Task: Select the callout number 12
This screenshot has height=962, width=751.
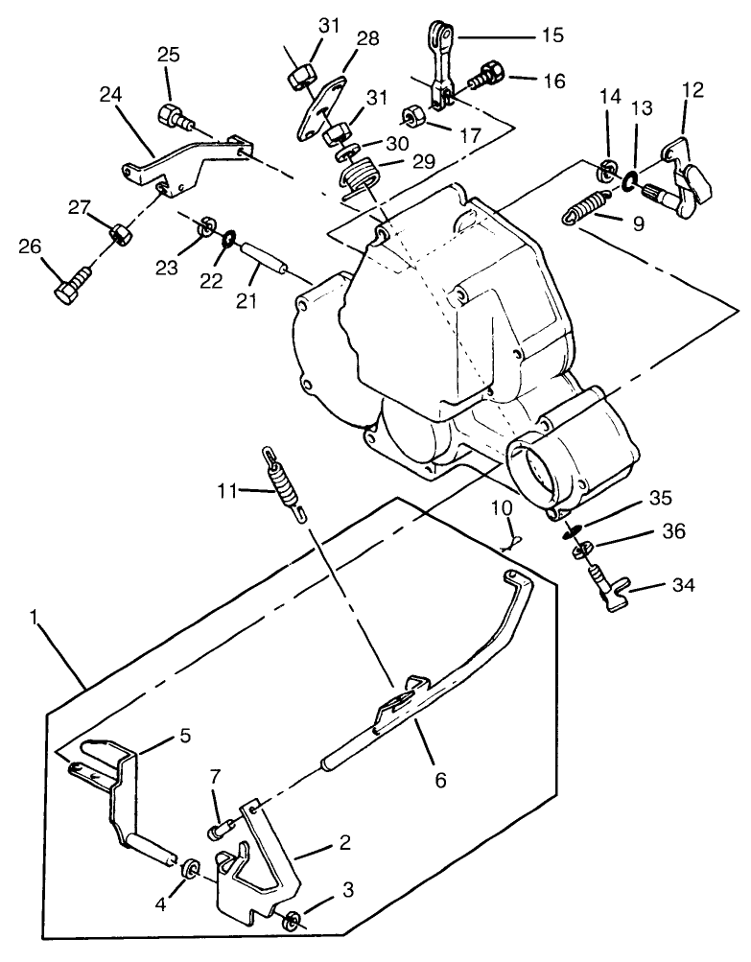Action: pos(692,90)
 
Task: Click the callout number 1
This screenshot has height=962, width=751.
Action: pos(35,618)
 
